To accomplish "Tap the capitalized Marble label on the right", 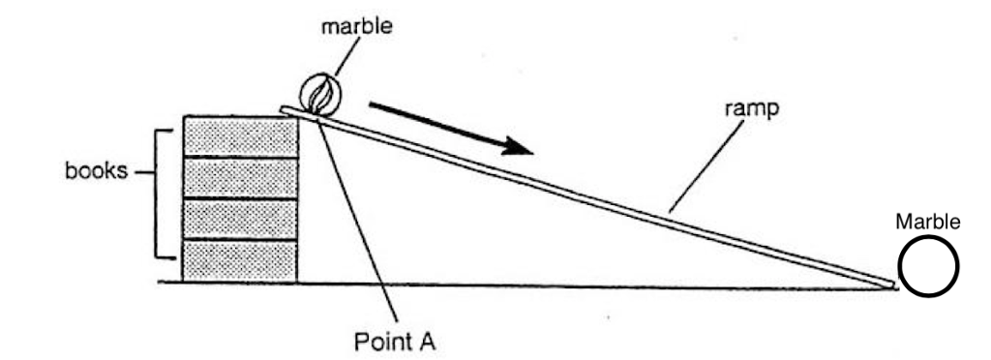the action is [x=927, y=222].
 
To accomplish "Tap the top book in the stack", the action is [x=241, y=135].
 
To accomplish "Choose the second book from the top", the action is [x=241, y=177].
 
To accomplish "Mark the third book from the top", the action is [x=241, y=219].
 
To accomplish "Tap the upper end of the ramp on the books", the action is [x=286, y=109].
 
